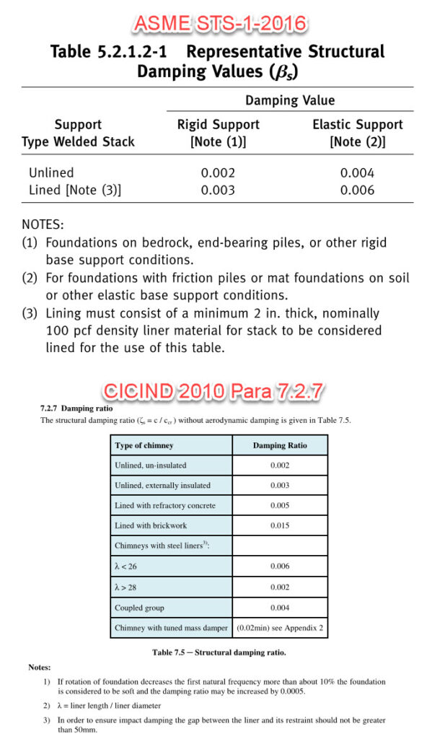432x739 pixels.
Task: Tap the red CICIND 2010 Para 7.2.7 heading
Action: [214, 392]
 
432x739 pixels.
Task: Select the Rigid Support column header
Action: [218, 133]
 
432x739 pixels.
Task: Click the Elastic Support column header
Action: [357, 133]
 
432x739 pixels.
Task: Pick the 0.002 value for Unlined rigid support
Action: [218, 173]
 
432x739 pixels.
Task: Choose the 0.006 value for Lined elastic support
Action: [357, 190]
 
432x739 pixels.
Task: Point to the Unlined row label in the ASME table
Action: [51, 173]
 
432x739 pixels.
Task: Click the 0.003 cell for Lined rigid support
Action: [218, 190]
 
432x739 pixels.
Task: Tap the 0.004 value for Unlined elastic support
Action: [357, 173]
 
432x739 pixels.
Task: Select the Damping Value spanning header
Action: [290, 100]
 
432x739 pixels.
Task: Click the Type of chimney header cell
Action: [144, 445]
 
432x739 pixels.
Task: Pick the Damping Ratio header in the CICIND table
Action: [280, 445]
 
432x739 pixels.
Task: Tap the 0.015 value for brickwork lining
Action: [280, 525]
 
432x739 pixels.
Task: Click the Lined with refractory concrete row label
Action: [165, 505]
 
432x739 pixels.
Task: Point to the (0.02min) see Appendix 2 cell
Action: [280, 628]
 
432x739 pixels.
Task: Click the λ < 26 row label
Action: [127, 567]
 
